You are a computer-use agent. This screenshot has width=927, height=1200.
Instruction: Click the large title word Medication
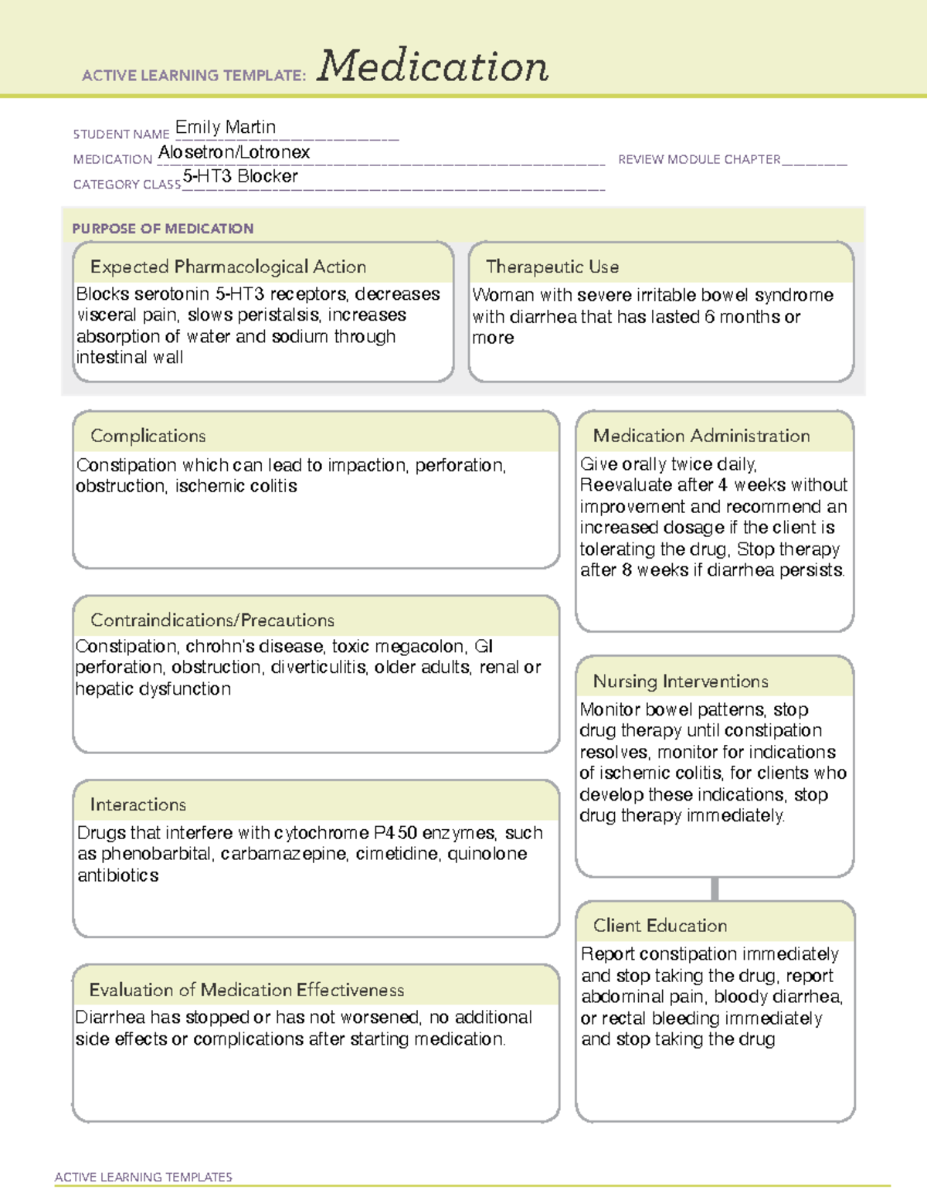(433, 66)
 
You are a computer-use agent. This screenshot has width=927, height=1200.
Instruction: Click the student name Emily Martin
(225, 127)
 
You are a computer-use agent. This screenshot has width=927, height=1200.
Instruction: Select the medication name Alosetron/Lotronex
(234, 152)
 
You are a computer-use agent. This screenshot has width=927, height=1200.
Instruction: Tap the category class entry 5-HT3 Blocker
(240, 176)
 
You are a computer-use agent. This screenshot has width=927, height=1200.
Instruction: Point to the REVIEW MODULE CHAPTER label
(699, 159)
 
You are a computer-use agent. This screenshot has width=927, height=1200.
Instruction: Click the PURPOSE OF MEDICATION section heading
(162, 229)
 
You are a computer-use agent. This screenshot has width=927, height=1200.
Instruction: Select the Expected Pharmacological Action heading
(228, 267)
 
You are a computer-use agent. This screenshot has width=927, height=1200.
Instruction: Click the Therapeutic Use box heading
(552, 267)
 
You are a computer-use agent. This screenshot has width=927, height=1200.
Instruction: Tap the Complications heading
(148, 436)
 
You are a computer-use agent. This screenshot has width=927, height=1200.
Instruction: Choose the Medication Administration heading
(701, 436)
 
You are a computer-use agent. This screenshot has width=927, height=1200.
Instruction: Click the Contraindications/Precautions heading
(212, 620)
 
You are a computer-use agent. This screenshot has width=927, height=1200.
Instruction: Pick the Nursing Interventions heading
(680, 681)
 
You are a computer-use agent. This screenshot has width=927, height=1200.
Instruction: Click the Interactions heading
(138, 804)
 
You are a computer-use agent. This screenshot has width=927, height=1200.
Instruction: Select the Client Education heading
(660, 925)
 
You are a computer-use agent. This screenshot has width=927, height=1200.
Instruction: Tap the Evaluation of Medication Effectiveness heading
(246, 990)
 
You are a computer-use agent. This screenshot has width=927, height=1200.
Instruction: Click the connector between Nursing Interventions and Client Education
(715, 889)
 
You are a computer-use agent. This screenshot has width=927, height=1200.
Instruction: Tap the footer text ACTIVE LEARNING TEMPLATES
(143, 1177)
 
